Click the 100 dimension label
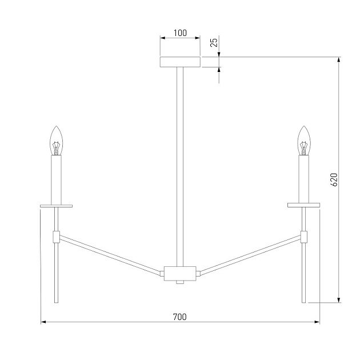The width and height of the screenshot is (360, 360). point(180,33)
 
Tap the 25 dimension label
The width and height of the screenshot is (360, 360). point(214,42)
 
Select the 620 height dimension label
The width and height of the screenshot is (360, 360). point(334,179)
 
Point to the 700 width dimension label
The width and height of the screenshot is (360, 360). point(180,317)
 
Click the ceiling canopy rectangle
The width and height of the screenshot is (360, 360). point(180,62)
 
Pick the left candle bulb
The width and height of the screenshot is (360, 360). point(56,141)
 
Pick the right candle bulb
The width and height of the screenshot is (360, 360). point(304,141)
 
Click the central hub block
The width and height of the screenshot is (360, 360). point(180,274)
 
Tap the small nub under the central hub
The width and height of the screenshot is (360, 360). point(180,282)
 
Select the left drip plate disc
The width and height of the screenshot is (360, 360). point(56,206)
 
